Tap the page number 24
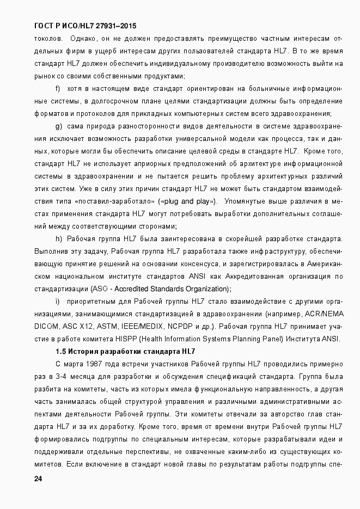pyautogui.click(x=38, y=479)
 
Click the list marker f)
pyautogui.click(x=58, y=88)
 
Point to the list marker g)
pyautogui.click(x=59, y=126)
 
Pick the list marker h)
pyautogui.click(x=59, y=239)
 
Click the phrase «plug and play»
pyautogui.click(x=188, y=201)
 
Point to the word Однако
pyautogui.click(x=83, y=38)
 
